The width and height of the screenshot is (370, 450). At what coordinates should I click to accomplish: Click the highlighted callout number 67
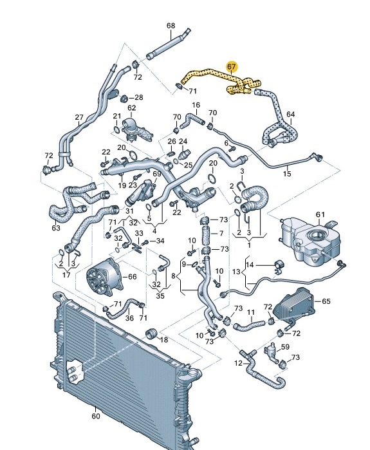pyautogui.click(x=232, y=66)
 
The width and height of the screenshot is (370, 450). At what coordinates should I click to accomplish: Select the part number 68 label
pyautogui.click(x=171, y=26)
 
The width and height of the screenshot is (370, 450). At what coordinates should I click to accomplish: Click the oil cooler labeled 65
pyautogui.click(x=294, y=306)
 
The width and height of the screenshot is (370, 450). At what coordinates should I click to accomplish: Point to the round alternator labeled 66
pyautogui.click(x=103, y=276)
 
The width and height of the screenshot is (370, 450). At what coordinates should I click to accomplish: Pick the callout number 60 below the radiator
pyautogui.click(x=96, y=416)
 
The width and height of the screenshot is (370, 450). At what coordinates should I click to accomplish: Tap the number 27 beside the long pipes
pyautogui.click(x=79, y=117)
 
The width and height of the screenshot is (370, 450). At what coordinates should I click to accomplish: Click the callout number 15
pyautogui.click(x=287, y=174)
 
